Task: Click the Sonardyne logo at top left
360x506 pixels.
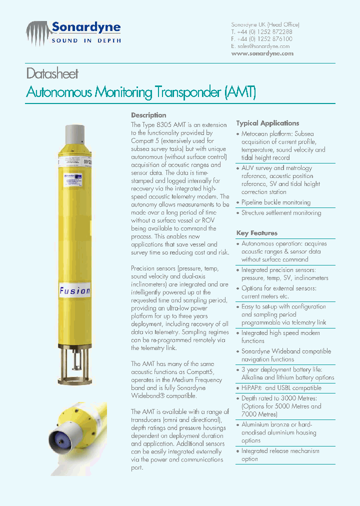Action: (x=73, y=32)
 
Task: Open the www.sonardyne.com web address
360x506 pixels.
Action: (x=262, y=53)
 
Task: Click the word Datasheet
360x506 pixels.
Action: (x=52, y=74)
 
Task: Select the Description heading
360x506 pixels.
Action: (x=148, y=115)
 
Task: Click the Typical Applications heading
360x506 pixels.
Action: (x=267, y=123)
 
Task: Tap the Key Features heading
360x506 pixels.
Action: (x=256, y=233)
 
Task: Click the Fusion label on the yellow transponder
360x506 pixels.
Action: (x=75, y=290)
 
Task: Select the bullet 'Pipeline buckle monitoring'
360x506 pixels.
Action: (x=275, y=202)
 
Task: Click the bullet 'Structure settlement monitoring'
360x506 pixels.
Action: (x=281, y=213)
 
